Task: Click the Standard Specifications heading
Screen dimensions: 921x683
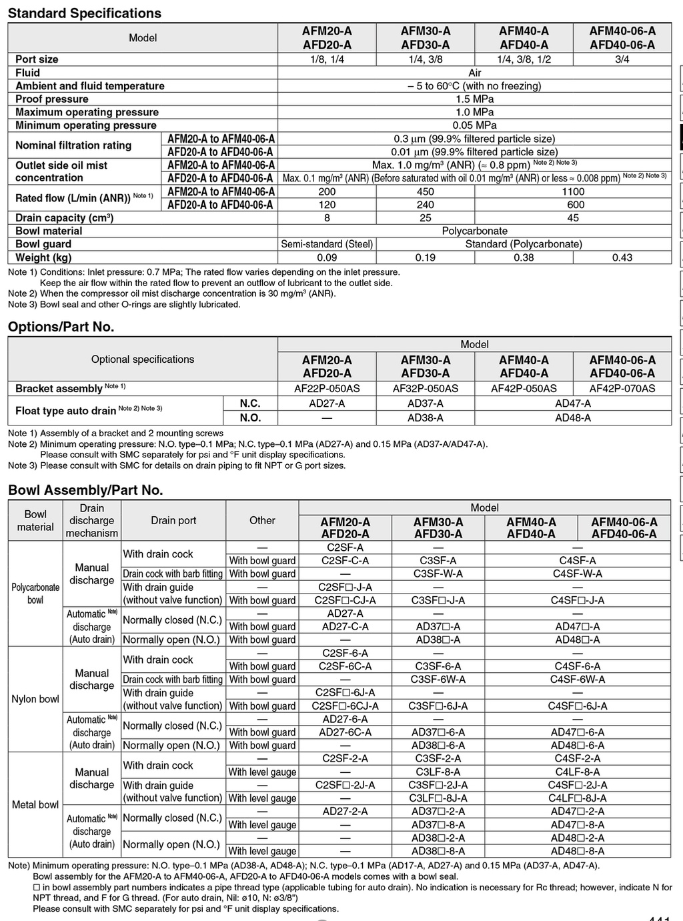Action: pos(85,13)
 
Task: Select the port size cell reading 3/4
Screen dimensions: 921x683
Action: pos(622,59)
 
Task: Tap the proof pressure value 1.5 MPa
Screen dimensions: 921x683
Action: pos(474,99)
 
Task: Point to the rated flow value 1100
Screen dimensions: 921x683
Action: pos(573,191)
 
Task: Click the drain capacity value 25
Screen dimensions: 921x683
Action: pos(425,218)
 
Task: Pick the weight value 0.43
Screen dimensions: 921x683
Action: pos(622,257)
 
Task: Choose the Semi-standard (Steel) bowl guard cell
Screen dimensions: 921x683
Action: pos(327,244)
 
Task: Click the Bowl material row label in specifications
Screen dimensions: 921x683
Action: pos(49,231)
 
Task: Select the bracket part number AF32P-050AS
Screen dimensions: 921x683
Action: pos(425,389)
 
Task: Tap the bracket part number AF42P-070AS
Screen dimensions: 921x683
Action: pos(622,389)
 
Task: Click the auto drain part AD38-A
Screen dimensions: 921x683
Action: pos(425,418)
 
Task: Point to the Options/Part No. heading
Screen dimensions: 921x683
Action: pos(61,327)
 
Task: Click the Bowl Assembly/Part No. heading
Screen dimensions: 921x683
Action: pos(85,490)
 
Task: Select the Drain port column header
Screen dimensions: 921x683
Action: pos(173,520)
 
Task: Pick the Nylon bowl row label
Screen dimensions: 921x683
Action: pos(35,699)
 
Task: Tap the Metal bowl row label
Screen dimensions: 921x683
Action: pos(35,805)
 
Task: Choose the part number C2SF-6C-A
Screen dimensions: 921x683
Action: pos(345,666)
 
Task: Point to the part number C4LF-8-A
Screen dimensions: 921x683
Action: pos(577,772)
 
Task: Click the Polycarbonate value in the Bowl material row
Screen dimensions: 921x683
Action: pos(474,231)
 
